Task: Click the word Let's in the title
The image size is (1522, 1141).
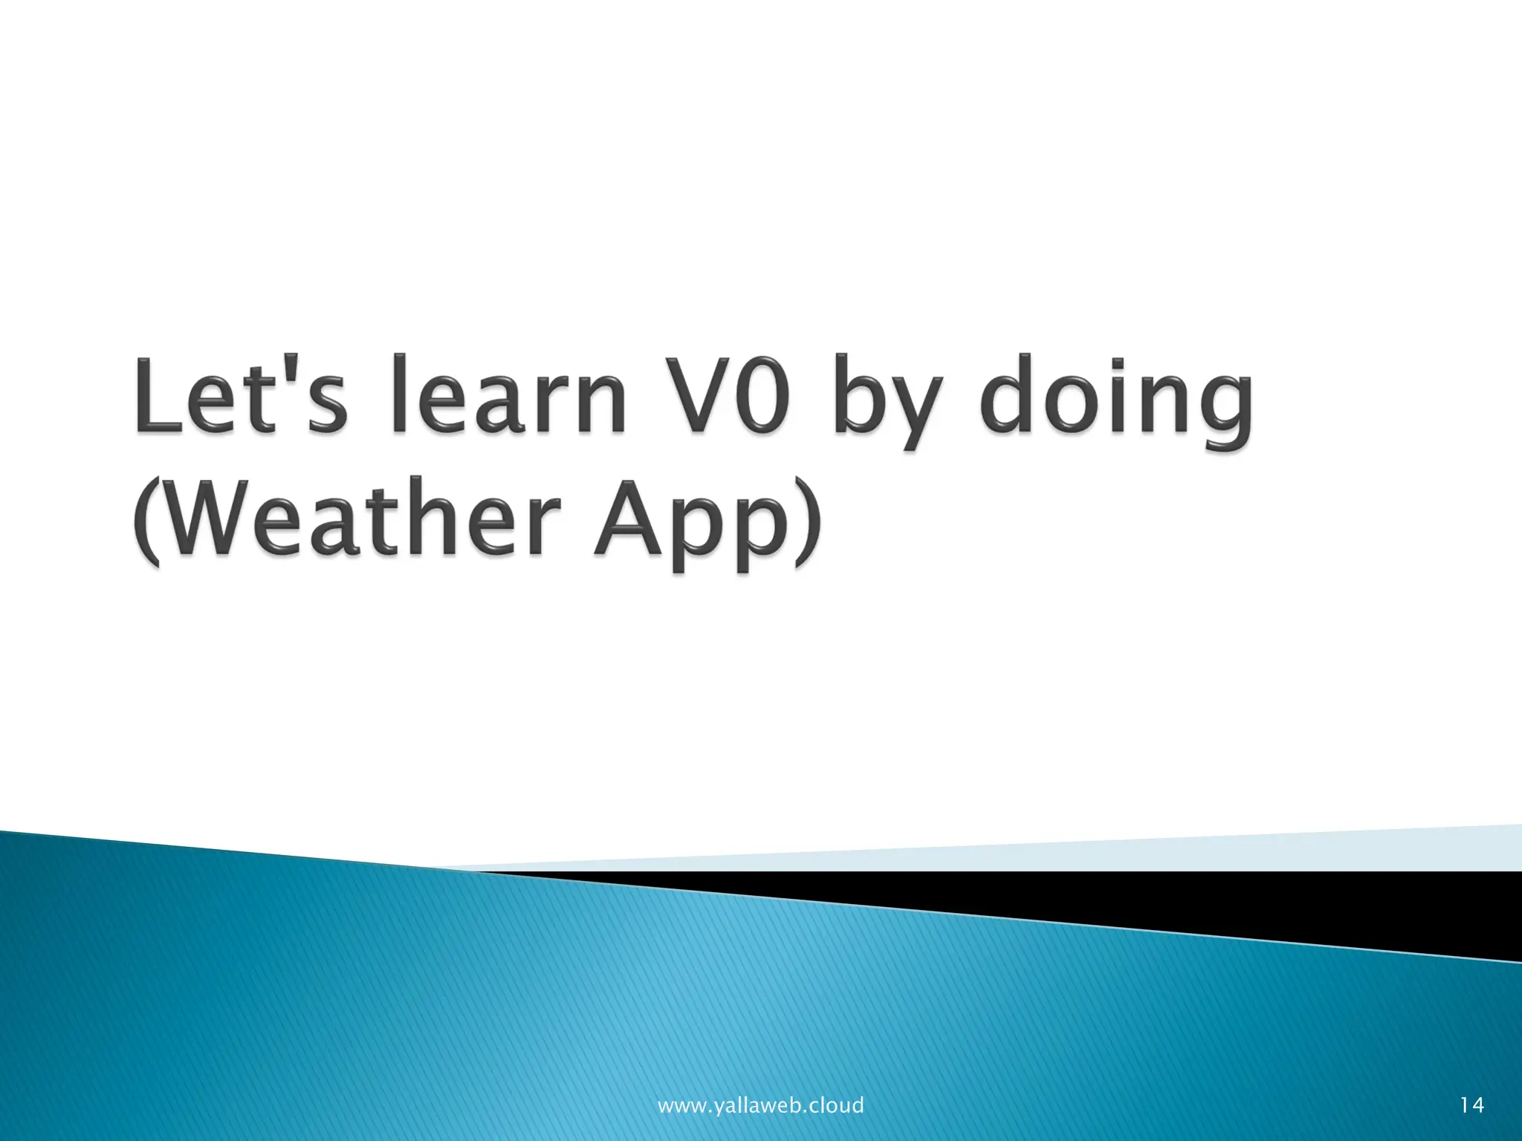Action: (240, 394)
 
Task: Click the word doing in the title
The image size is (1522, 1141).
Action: (1115, 402)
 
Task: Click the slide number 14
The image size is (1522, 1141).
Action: (1471, 1105)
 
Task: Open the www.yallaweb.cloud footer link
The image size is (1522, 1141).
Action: (760, 1105)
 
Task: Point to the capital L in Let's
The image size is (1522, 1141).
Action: (158, 394)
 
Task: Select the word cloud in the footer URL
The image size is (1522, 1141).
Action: (835, 1105)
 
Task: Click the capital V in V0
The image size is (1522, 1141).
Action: (695, 394)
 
